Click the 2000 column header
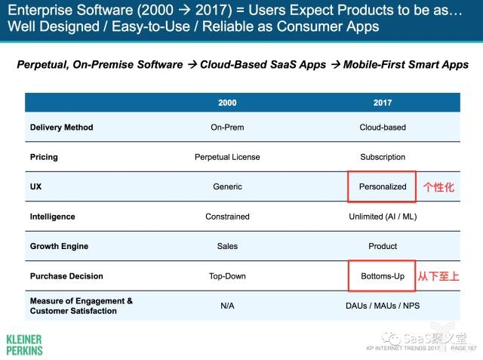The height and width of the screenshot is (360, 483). [x=227, y=103]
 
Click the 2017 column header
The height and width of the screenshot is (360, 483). [x=383, y=103]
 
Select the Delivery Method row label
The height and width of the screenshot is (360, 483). [x=61, y=128]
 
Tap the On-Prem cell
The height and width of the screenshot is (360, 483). [x=227, y=128]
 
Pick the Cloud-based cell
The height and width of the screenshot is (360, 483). [x=383, y=128]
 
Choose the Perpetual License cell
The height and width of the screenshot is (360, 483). [x=227, y=157]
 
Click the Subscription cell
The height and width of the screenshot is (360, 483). [x=383, y=157]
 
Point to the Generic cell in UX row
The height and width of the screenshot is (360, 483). [x=227, y=186]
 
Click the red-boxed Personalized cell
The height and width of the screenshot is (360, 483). [x=383, y=186]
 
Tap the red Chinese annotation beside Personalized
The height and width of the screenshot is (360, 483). [x=438, y=187]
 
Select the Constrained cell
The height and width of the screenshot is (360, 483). [x=227, y=217]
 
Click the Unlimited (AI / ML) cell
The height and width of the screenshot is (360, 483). [x=383, y=217]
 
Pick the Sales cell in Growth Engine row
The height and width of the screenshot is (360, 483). [x=227, y=246]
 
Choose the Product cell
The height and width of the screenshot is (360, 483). [x=383, y=246]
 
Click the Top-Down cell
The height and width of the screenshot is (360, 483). [x=227, y=276]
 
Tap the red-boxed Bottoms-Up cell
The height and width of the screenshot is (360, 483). [x=383, y=276]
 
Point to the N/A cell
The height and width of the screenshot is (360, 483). [x=227, y=306]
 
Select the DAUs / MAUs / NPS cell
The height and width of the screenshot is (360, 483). [x=383, y=306]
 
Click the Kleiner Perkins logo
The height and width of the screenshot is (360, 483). [x=24, y=344]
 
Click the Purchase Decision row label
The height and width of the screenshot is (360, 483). [x=66, y=276]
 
